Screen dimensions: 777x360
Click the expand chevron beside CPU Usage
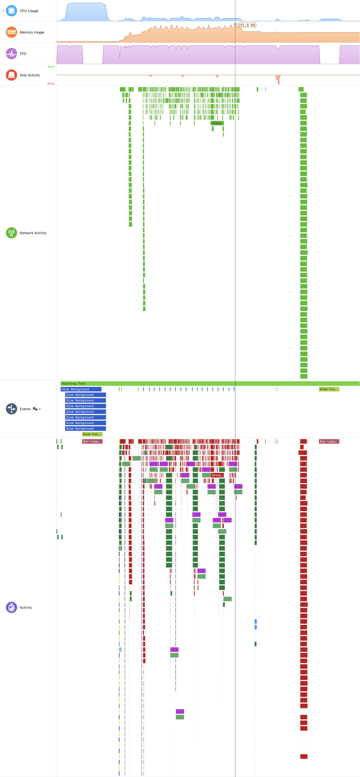[3, 11]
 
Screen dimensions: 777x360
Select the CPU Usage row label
[29, 11]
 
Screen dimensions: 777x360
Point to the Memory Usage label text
[32, 32]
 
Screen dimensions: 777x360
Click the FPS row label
[23, 54]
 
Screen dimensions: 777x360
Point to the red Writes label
[51, 84]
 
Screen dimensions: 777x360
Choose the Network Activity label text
[33, 233]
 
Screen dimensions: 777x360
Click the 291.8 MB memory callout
[246, 25]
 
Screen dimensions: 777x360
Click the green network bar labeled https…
[217, 123]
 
